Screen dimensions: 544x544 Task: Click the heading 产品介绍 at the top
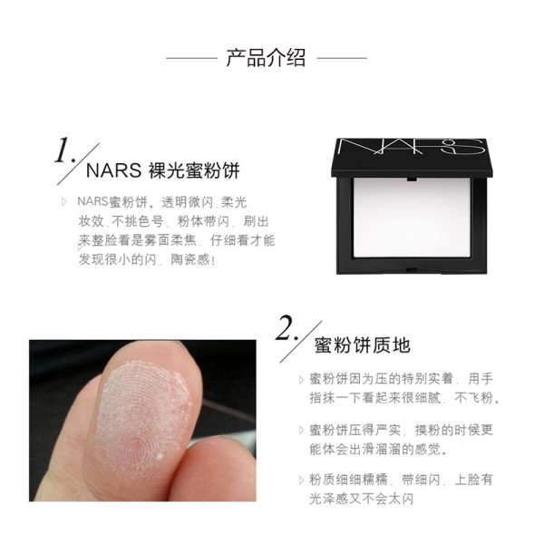(x=266, y=58)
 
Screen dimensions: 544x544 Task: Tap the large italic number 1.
(x=65, y=151)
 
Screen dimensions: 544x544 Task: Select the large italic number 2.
(x=287, y=328)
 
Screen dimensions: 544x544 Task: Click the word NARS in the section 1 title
(x=113, y=170)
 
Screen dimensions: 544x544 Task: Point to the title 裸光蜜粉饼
(x=194, y=170)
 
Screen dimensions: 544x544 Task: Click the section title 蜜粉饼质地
(x=363, y=345)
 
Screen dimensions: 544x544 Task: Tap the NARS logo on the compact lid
(x=412, y=147)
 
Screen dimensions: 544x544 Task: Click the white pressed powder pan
(x=412, y=218)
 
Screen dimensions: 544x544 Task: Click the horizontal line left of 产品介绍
(x=191, y=58)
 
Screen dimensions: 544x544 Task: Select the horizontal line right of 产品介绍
(x=342, y=58)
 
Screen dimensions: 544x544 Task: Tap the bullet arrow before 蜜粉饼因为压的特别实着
(x=301, y=380)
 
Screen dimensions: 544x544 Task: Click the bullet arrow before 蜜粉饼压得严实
(x=301, y=431)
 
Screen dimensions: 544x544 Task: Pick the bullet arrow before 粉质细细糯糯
(x=301, y=481)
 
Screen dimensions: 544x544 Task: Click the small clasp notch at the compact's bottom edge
(x=412, y=269)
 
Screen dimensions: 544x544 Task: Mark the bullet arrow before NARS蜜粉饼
(x=63, y=202)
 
